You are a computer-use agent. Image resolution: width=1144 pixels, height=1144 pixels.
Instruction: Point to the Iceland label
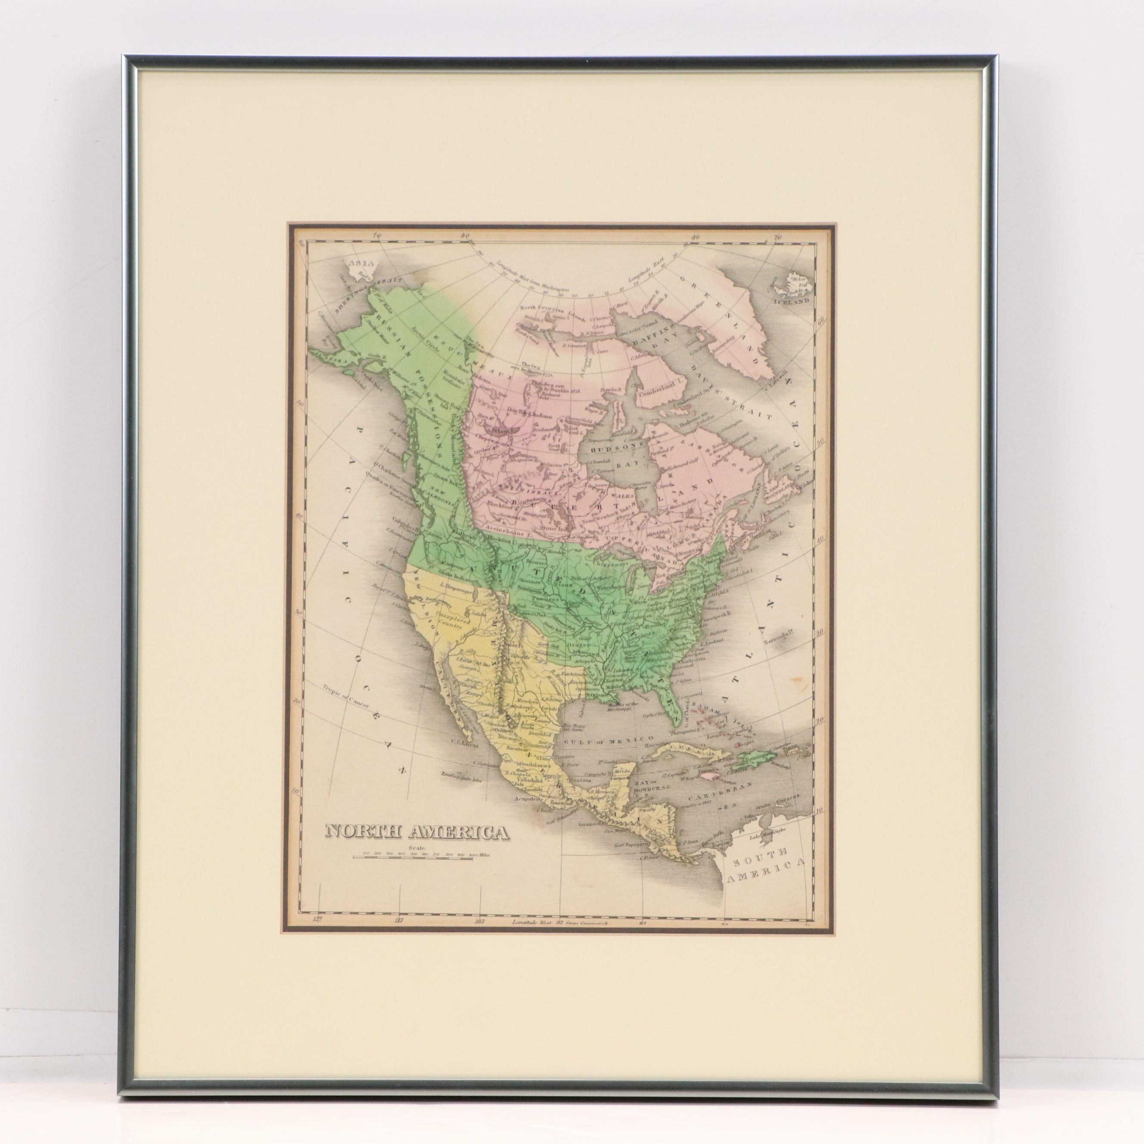pyautogui.click(x=793, y=301)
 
